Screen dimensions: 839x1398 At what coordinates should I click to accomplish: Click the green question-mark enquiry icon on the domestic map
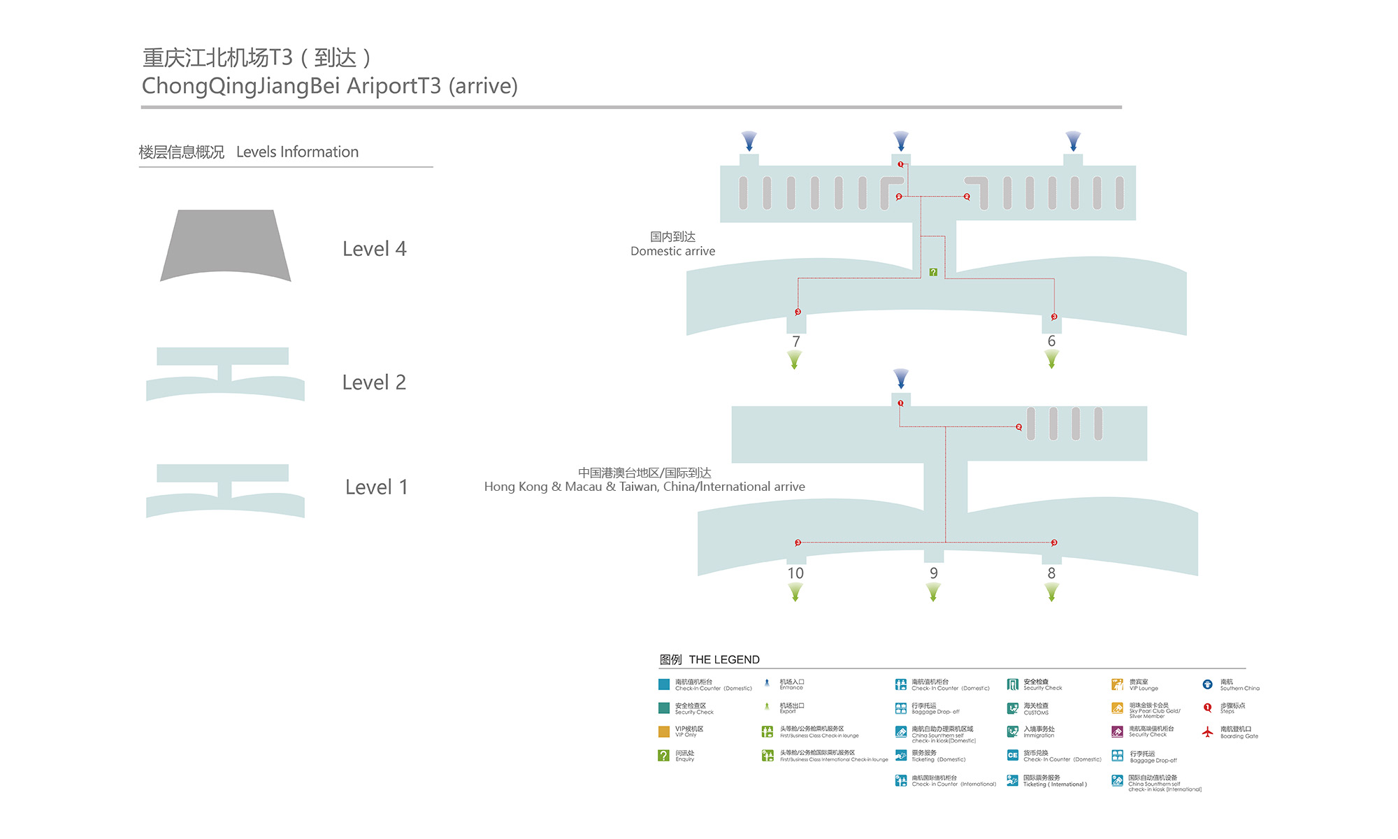(x=933, y=272)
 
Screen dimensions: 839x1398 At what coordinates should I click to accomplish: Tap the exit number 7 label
(x=795, y=341)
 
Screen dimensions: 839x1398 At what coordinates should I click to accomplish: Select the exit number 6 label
(x=1051, y=340)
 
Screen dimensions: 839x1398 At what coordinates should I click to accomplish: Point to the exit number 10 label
(x=795, y=573)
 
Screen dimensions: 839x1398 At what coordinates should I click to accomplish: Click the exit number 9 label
(x=933, y=573)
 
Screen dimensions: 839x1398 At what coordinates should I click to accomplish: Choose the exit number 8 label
(x=1051, y=573)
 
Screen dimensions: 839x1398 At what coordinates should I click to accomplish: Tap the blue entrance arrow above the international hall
(x=901, y=378)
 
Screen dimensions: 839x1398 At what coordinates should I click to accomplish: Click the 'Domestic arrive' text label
(x=672, y=251)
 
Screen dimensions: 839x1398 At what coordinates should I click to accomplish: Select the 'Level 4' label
(x=374, y=249)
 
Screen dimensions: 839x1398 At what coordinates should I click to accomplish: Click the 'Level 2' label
(x=374, y=382)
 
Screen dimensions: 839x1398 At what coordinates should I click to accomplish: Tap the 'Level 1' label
(x=376, y=487)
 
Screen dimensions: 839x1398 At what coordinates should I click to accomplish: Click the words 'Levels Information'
(x=297, y=152)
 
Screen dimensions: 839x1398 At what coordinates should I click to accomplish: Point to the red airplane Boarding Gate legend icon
(x=1207, y=732)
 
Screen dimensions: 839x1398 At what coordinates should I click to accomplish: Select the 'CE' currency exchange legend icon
(x=1012, y=755)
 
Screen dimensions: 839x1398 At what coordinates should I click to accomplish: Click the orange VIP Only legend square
(x=664, y=732)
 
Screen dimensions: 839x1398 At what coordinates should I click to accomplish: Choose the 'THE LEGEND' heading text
(x=724, y=659)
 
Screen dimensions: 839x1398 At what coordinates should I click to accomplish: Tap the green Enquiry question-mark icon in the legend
(x=664, y=756)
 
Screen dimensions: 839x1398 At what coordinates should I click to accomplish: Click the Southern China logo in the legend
(x=1207, y=684)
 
